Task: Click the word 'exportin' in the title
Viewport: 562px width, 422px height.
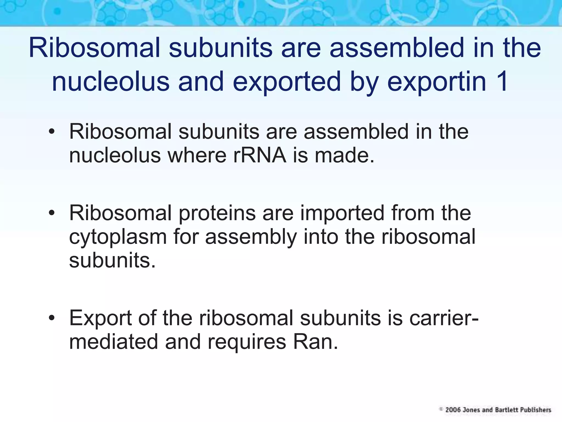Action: click(437, 82)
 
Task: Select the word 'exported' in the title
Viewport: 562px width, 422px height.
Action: click(287, 82)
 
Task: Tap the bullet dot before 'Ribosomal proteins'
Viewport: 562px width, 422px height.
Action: click(52, 213)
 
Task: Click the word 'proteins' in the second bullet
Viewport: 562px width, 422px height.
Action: click(217, 213)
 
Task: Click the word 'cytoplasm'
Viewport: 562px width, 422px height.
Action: click(118, 237)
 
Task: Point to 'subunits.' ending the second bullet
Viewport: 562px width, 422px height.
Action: click(112, 260)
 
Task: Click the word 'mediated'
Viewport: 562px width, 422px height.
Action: click(114, 342)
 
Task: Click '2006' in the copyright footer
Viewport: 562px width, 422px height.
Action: click(453, 410)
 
